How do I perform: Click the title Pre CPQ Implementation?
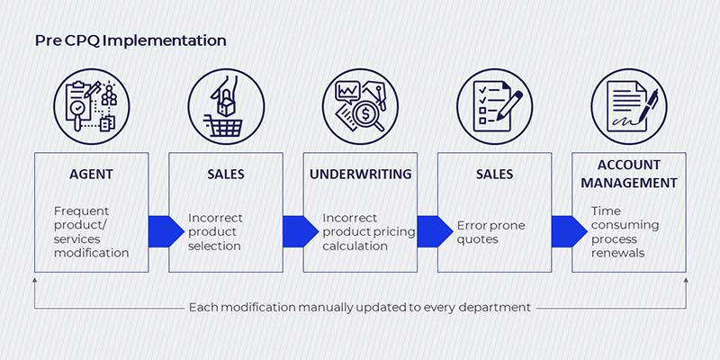pyautogui.click(x=130, y=40)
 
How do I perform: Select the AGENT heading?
pyautogui.click(x=91, y=175)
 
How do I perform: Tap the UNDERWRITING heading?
pyautogui.click(x=361, y=175)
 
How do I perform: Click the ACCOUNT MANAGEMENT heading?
pyautogui.click(x=629, y=174)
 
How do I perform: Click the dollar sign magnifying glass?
pyautogui.click(x=366, y=113)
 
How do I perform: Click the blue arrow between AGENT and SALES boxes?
pyautogui.click(x=166, y=231)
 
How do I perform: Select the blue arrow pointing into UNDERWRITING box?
pyautogui.click(x=301, y=231)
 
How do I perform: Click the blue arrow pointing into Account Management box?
pyautogui.click(x=570, y=231)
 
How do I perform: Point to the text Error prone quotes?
pyautogui.click(x=490, y=232)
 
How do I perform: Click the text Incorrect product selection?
pyautogui.click(x=215, y=232)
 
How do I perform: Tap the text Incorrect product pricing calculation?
pyautogui.click(x=369, y=232)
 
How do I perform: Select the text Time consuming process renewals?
pyautogui.click(x=625, y=232)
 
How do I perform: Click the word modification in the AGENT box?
pyautogui.click(x=92, y=253)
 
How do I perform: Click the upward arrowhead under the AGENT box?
pyautogui.click(x=35, y=279)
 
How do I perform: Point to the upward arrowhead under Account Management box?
pyautogui.click(x=686, y=279)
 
